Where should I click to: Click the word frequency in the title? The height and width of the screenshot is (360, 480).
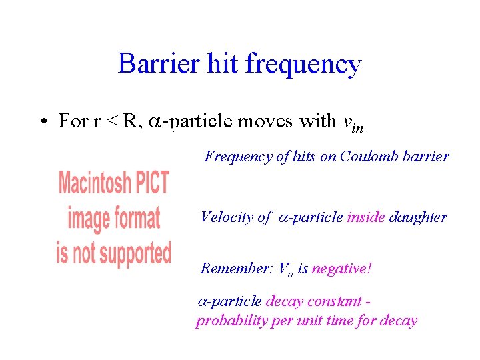click(303, 65)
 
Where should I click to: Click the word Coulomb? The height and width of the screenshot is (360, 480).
click(365, 157)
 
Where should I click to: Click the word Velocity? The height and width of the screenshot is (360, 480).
click(227, 217)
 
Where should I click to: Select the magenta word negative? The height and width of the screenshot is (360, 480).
click(342, 269)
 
